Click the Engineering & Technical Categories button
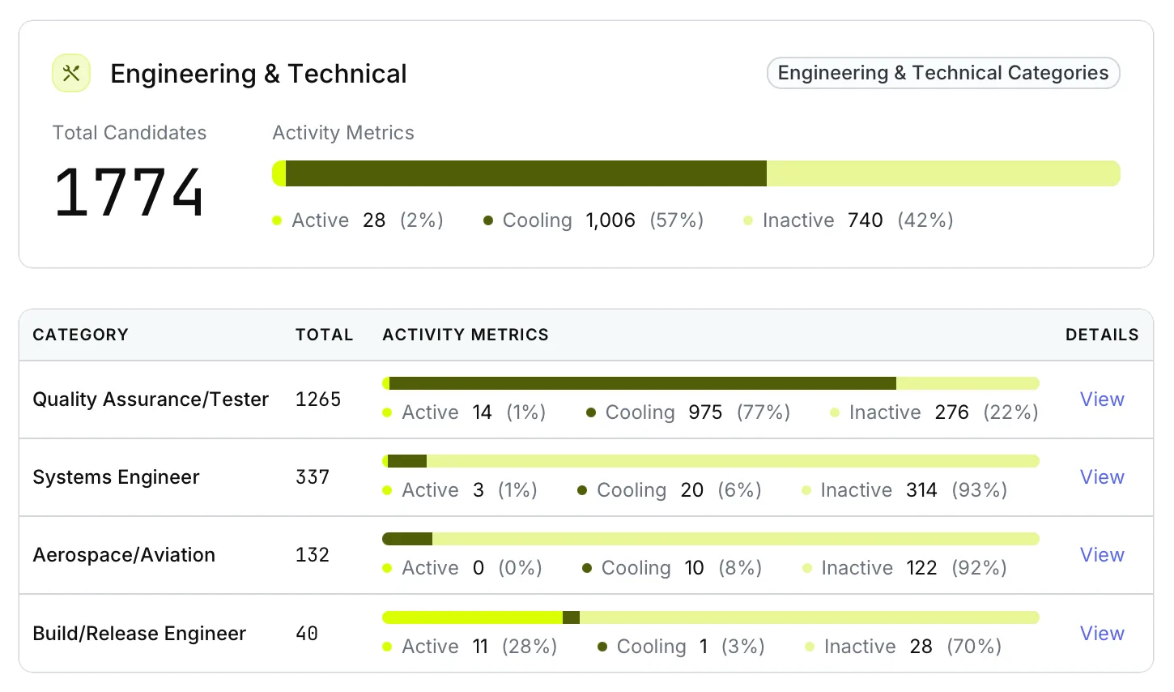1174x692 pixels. (942, 73)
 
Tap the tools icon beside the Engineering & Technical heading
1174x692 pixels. (71, 74)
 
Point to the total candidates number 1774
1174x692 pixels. (129, 192)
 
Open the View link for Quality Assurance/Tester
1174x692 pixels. (1101, 399)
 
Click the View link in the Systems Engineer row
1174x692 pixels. (1101, 477)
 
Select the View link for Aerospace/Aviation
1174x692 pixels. (1101, 555)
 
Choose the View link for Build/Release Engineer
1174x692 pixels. (1101, 634)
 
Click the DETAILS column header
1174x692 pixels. (1101, 335)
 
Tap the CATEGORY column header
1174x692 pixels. (80, 335)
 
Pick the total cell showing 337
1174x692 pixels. (313, 477)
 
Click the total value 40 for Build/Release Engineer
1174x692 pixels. (307, 634)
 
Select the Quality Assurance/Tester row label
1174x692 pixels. (151, 399)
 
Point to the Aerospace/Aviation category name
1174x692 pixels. (124, 555)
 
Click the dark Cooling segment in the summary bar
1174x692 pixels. (526, 173)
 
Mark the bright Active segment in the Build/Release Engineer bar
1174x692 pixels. (473, 617)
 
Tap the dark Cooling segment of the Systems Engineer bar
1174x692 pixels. (407, 461)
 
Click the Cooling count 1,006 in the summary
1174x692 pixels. (610, 220)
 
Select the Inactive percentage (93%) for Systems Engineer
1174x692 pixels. (979, 490)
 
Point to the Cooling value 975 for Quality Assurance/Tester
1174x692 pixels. (705, 412)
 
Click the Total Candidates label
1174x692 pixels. (130, 133)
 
